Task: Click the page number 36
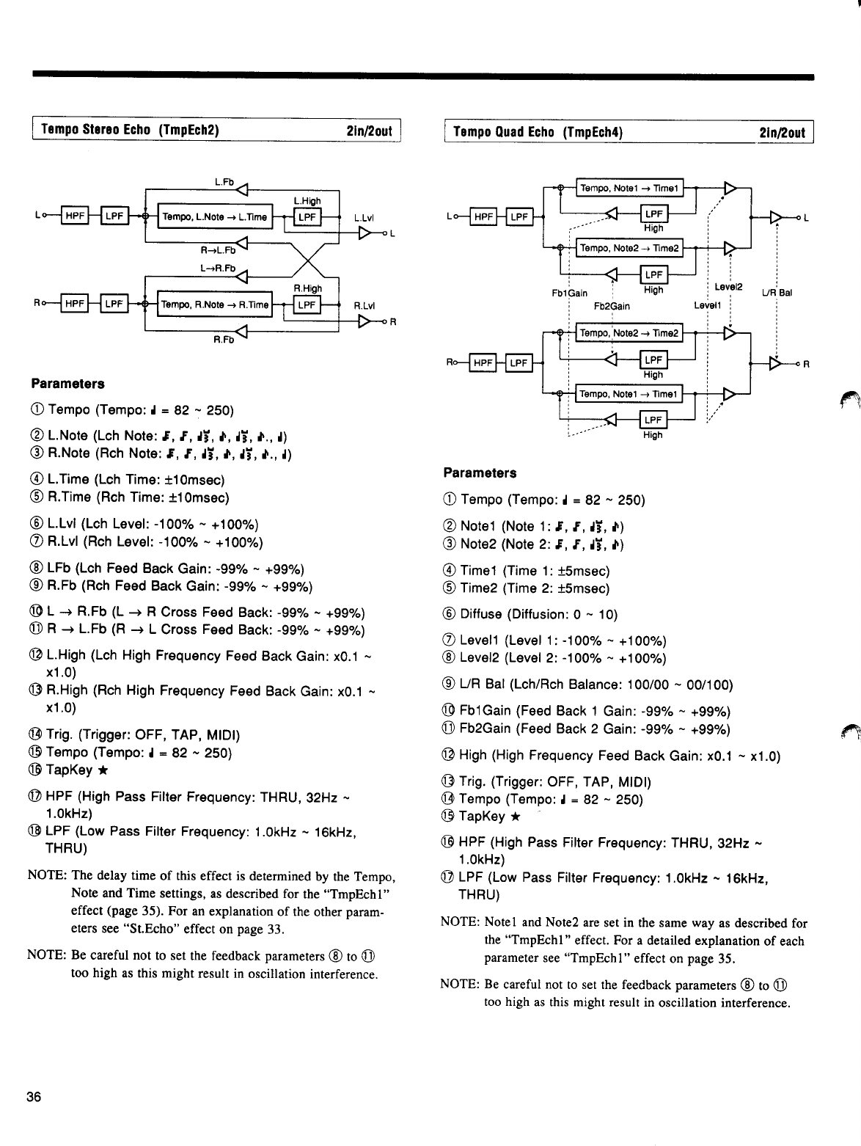33,1098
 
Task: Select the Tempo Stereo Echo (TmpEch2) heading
131,131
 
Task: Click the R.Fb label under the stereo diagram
221,340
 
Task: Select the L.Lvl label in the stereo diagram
364,218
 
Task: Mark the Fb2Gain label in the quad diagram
612,306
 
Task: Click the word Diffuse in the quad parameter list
480,614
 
